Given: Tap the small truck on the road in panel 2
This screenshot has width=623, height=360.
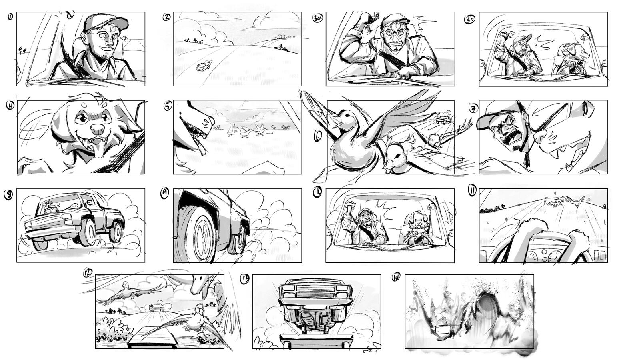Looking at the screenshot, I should click(203, 66).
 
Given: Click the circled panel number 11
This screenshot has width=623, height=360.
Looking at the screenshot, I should click(472, 192).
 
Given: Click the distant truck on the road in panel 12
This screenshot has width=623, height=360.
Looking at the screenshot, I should click(156, 307).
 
